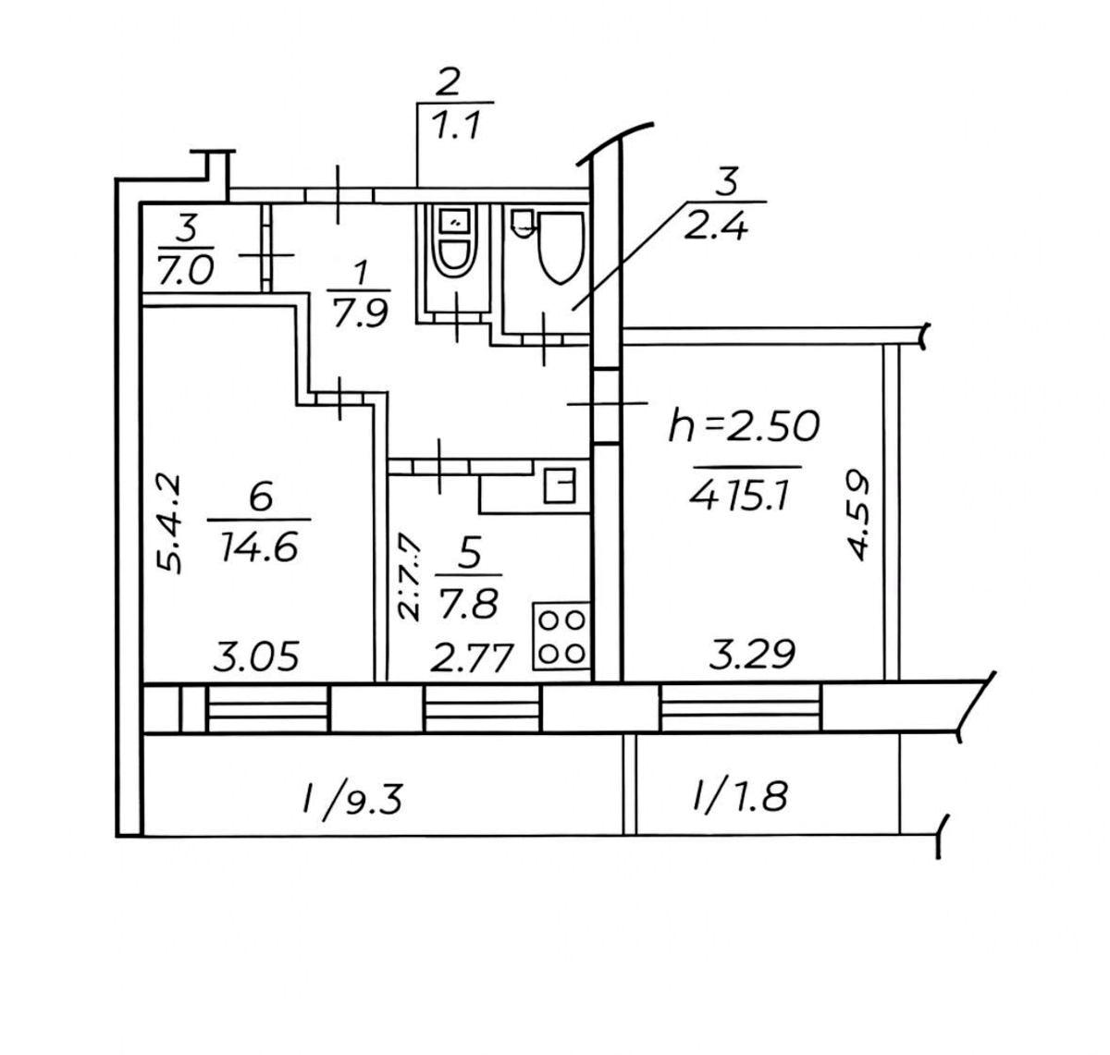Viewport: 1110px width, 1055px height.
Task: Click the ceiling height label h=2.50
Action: [744, 426]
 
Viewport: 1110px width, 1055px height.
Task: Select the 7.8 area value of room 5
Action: [471, 605]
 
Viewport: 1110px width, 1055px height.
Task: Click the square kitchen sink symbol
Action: [559, 485]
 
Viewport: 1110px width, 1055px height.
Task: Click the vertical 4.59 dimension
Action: [859, 515]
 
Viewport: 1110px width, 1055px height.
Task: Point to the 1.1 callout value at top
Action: [454, 127]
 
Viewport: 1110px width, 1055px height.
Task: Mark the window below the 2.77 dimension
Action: [481, 710]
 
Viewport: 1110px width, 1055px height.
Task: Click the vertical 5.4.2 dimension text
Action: [168, 524]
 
